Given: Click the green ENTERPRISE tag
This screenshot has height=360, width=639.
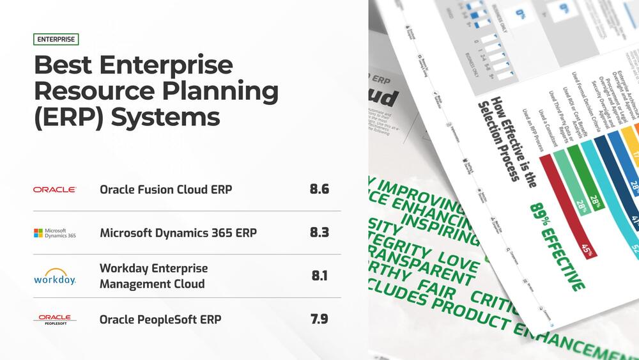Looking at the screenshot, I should [x=56, y=39].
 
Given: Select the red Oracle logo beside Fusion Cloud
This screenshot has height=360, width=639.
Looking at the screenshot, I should [x=55, y=190].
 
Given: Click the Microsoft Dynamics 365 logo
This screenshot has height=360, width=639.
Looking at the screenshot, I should [x=55, y=233].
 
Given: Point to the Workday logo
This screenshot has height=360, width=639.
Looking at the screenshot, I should [x=55, y=277].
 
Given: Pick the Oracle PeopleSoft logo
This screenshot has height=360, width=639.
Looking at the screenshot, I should [x=55, y=318].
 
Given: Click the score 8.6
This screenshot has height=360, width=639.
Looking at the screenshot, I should [x=319, y=190].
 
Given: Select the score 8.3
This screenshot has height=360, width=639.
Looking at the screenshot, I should [x=319, y=233].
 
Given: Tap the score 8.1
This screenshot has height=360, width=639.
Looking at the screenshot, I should [x=319, y=276].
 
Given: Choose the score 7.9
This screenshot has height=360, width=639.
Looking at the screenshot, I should [x=319, y=318].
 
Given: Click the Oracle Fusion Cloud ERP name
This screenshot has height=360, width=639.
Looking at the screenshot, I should [x=166, y=190].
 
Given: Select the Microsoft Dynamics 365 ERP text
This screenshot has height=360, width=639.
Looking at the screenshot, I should [x=178, y=233].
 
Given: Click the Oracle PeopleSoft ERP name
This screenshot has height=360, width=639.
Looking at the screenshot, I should [x=160, y=319].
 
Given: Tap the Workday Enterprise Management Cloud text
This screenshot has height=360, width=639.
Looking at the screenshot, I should [x=153, y=276].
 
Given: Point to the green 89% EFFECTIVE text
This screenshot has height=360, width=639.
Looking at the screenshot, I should [x=557, y=246].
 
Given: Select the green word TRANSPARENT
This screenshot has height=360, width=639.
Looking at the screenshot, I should [x=429, y=267].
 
